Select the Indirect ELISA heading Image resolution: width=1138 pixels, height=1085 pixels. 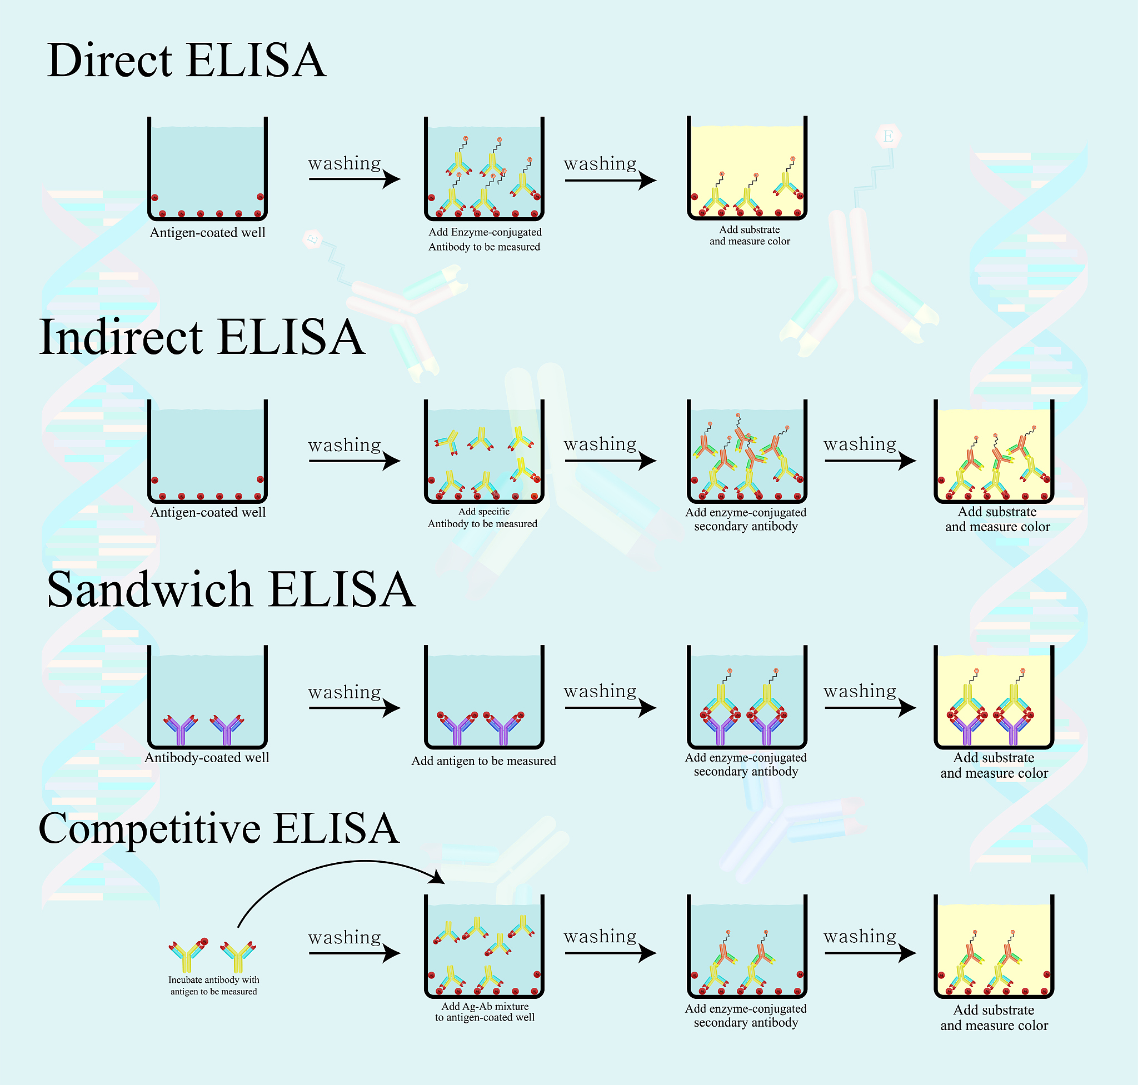coord(202,337)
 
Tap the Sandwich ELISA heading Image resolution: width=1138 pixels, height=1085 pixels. coord(231,589)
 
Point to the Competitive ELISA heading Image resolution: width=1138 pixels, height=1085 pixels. coord(219,828)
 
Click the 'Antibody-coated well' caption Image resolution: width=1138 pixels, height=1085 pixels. coord(207,758)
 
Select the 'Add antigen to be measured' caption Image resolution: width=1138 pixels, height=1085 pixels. coord(483,761)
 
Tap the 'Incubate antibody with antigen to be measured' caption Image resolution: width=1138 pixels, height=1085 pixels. coord(213,986)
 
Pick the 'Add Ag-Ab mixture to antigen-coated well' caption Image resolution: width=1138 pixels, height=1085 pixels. coord(485,1012)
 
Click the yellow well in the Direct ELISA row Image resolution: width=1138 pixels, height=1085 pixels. coord(747,168)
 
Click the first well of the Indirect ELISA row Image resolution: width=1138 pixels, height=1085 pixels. coord(208,451)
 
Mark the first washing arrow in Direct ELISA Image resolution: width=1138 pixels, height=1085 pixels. coord(354,179)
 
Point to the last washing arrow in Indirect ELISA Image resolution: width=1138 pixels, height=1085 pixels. coord(870,461)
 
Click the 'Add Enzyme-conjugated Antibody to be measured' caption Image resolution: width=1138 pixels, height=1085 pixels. coord(485,239)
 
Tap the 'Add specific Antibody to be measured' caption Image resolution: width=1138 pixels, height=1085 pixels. coord(483,518)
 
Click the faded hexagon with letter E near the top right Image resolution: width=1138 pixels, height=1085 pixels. coord(888,137)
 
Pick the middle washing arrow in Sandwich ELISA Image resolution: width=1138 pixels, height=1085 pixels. coord(610,708)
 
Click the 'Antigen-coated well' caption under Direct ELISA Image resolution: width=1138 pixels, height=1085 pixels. coord(208,232)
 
